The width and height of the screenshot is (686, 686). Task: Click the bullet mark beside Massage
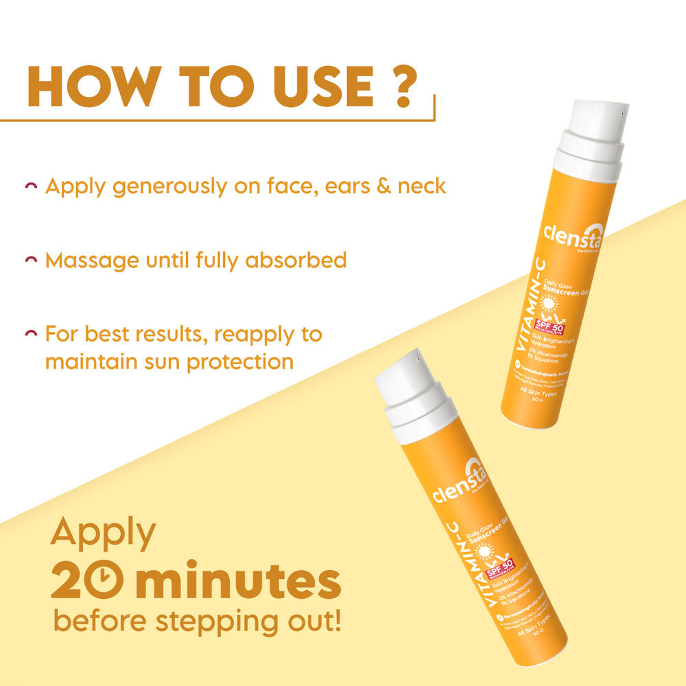[30, 261]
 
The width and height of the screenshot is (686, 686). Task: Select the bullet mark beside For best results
[30, 335]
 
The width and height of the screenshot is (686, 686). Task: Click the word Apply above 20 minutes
[103, 533]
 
